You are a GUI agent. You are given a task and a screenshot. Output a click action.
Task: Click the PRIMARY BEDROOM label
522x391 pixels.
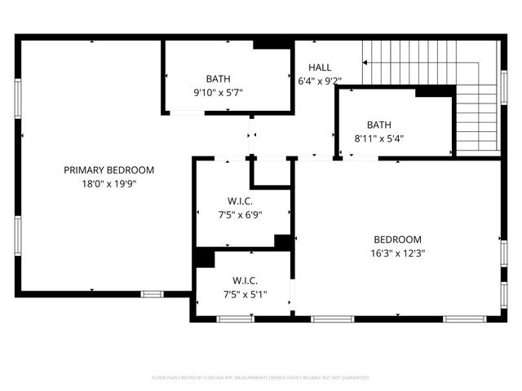pos(108,170)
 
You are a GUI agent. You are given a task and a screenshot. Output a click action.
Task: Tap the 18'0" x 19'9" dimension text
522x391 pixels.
pos(108,184)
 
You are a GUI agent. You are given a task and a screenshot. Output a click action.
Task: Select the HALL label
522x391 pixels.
pos(320,67)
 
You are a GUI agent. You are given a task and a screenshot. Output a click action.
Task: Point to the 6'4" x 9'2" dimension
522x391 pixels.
pos(320,81)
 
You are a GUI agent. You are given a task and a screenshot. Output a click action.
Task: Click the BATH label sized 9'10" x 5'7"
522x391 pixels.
pos(218,79)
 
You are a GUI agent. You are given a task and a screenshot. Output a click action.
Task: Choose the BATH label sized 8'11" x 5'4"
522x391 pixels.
pos(378,125)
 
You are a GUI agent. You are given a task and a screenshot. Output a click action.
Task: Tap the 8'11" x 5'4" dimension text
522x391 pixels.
pos(378,138)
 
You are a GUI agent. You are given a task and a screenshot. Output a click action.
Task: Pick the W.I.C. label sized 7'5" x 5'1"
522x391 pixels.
pos(245,280)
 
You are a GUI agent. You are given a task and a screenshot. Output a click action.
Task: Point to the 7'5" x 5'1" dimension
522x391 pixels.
pos(245,294)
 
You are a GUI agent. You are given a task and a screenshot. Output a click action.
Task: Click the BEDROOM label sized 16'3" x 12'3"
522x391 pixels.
pos(397,239)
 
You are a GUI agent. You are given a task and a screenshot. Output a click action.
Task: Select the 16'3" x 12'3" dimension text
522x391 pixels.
pos(397,253)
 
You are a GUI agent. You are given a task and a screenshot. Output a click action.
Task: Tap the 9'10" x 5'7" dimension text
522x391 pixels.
pos(218,93)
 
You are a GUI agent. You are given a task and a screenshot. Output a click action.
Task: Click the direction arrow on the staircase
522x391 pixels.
pos(367,62)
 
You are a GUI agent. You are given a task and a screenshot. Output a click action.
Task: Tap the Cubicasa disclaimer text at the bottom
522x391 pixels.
pos(261,378)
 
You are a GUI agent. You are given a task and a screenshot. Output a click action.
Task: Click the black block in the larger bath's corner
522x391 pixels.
pos(268,44)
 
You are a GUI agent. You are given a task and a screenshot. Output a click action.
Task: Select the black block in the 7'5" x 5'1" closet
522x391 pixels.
pos(204,257)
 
